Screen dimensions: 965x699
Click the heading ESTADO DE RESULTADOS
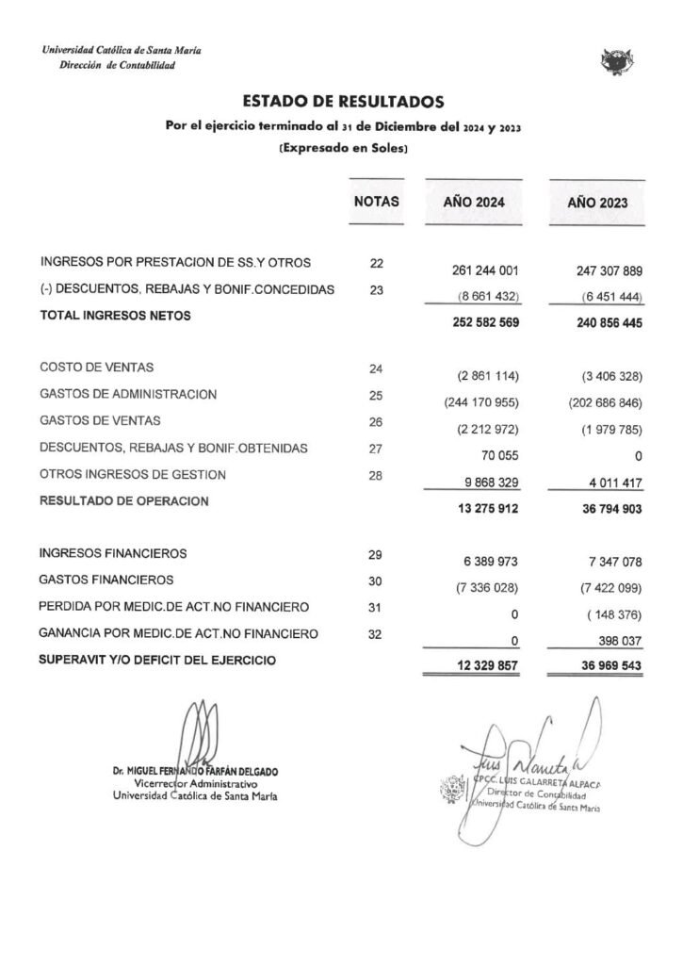pos(342,99)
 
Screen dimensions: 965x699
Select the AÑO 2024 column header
pos(475,202)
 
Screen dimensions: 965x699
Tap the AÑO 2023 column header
pos(598,202)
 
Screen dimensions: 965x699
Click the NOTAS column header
pos(377,201)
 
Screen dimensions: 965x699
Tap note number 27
pos(377,448)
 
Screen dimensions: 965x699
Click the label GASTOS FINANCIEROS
pos(106,580)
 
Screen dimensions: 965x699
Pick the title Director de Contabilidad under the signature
pos(551,795)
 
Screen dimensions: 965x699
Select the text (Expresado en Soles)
pos(342,150)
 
